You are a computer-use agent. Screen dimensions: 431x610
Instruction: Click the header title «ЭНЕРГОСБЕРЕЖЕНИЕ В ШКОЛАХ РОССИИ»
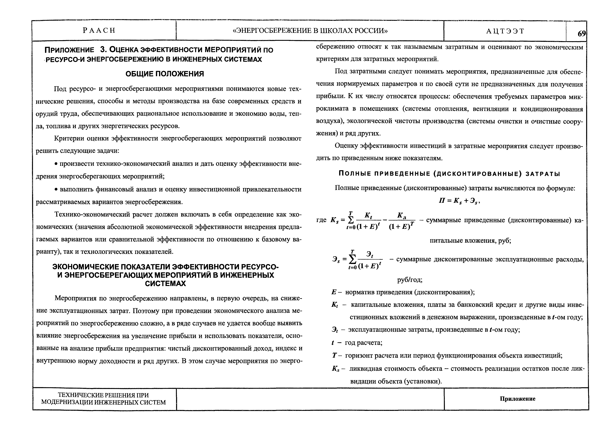(x=310, y=31)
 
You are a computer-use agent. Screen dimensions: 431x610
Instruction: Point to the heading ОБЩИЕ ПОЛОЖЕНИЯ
(x=165, y=74)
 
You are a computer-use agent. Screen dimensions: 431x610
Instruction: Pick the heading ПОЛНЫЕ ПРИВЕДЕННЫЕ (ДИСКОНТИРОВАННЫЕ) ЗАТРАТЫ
(x=449, y=174)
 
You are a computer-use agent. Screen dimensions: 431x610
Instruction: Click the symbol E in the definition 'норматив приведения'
(x=334, y=292)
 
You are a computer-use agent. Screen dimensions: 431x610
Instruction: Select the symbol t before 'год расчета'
(x=333, y=343)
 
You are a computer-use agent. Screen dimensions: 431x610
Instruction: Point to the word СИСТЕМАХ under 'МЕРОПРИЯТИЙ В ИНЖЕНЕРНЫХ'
(x=165, y=284)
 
